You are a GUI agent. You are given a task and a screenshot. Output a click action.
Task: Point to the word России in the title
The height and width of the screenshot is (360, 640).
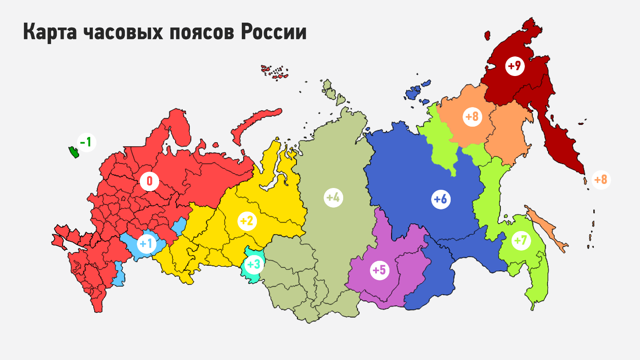click(x=274, y=32)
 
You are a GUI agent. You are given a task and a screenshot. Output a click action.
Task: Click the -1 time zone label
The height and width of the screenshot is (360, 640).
click(x=86, y=143)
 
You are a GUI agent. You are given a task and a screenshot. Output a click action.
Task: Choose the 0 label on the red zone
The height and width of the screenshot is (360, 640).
click(x=149, y=181)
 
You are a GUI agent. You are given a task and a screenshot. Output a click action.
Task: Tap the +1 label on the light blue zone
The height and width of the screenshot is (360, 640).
click(x=146, y=244)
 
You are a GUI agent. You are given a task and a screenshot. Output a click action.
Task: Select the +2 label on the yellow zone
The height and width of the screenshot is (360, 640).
click(x=247, y=221)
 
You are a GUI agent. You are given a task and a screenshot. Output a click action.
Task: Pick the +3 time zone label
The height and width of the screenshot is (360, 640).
click(x=254, y=265)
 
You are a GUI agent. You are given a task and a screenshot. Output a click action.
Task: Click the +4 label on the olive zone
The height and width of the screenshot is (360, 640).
click(x=333, y=197)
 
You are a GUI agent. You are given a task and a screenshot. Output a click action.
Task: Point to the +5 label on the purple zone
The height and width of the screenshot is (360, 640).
click(x=380, y=270)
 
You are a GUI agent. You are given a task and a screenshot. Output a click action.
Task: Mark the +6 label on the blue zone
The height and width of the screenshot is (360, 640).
click(x=440, y=199)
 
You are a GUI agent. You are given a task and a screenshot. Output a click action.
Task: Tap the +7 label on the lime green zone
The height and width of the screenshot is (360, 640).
click(x=520, y=241)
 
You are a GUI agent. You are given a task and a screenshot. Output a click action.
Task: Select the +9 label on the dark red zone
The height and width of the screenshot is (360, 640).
click(x=515, y=66)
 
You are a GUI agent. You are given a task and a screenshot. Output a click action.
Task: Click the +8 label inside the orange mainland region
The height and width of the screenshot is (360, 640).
click(x=472, y=117)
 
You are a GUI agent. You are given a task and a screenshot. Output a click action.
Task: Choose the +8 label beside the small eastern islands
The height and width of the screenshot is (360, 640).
click(x=601, y=180)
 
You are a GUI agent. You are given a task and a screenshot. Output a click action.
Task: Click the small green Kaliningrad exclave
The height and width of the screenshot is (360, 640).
click(x=73, y=152)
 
